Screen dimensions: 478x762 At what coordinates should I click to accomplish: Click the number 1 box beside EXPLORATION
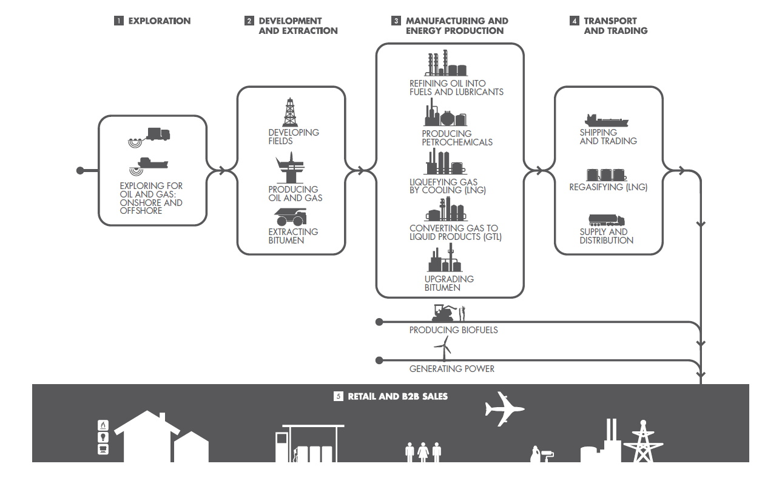click(x=118, y=21)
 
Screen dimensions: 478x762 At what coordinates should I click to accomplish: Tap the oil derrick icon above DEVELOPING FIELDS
click(x=290, y=113)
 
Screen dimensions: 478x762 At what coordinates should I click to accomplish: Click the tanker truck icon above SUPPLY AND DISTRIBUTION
click(x=606, y=220)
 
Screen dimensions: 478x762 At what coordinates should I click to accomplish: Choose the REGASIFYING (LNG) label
click(x=608, y=188)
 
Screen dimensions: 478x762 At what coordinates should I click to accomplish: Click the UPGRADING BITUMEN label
click(x=449, y=284)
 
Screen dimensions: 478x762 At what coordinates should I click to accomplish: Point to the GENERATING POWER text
click(x=451, y=368)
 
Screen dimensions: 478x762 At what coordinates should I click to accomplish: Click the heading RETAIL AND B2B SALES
click(x=397, y=397)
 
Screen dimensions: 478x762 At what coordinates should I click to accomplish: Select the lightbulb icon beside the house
click(x=104, y=437)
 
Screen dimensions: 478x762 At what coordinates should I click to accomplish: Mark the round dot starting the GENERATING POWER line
click(x=379, y=360)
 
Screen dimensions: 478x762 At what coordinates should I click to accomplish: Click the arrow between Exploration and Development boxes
click(x=222, y=171)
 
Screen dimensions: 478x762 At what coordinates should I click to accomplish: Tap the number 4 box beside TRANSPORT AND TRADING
click(x=574, y=21)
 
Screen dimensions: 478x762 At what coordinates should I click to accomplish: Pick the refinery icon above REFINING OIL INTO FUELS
click(x=446, y=63)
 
